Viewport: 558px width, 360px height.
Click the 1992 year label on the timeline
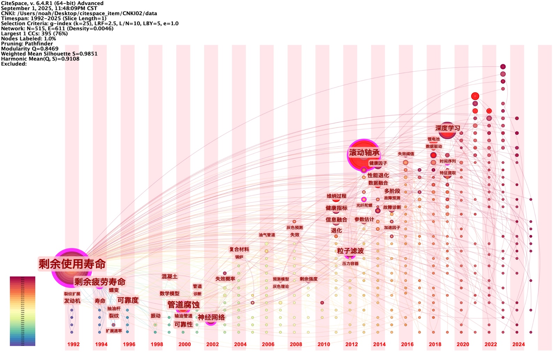[73, 344]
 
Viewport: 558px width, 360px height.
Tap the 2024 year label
[518, 344]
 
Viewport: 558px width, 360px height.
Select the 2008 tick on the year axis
[296, 344]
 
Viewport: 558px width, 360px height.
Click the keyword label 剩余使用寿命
[72, 264]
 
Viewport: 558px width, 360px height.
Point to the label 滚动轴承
[364, 153]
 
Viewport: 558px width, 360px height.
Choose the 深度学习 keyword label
[447, 128]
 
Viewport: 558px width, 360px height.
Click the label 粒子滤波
[350, 251]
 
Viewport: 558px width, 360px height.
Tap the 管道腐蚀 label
[183, 305]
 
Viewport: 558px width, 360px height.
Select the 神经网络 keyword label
[211, 317]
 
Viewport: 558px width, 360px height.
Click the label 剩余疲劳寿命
[100, 282]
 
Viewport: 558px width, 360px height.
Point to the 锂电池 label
[433, 139]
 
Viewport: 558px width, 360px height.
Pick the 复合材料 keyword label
[239, 249]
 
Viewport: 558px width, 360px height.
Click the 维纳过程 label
[336, 196]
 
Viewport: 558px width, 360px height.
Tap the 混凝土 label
[169, 277]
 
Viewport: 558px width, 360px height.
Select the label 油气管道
[267, 235]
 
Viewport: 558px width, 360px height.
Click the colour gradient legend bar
[22, 311]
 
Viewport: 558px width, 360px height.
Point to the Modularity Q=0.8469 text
[30, 49]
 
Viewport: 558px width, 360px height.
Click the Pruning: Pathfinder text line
[27, 44]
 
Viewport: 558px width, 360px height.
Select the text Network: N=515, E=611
[35, 29]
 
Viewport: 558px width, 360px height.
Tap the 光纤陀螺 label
[364, 205]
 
